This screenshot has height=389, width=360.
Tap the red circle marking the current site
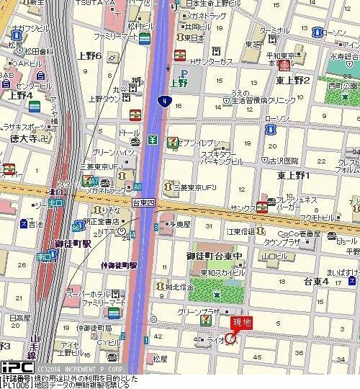[230, 338]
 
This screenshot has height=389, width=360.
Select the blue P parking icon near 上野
[182, 72]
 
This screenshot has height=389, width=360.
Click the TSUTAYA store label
[100, 4]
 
